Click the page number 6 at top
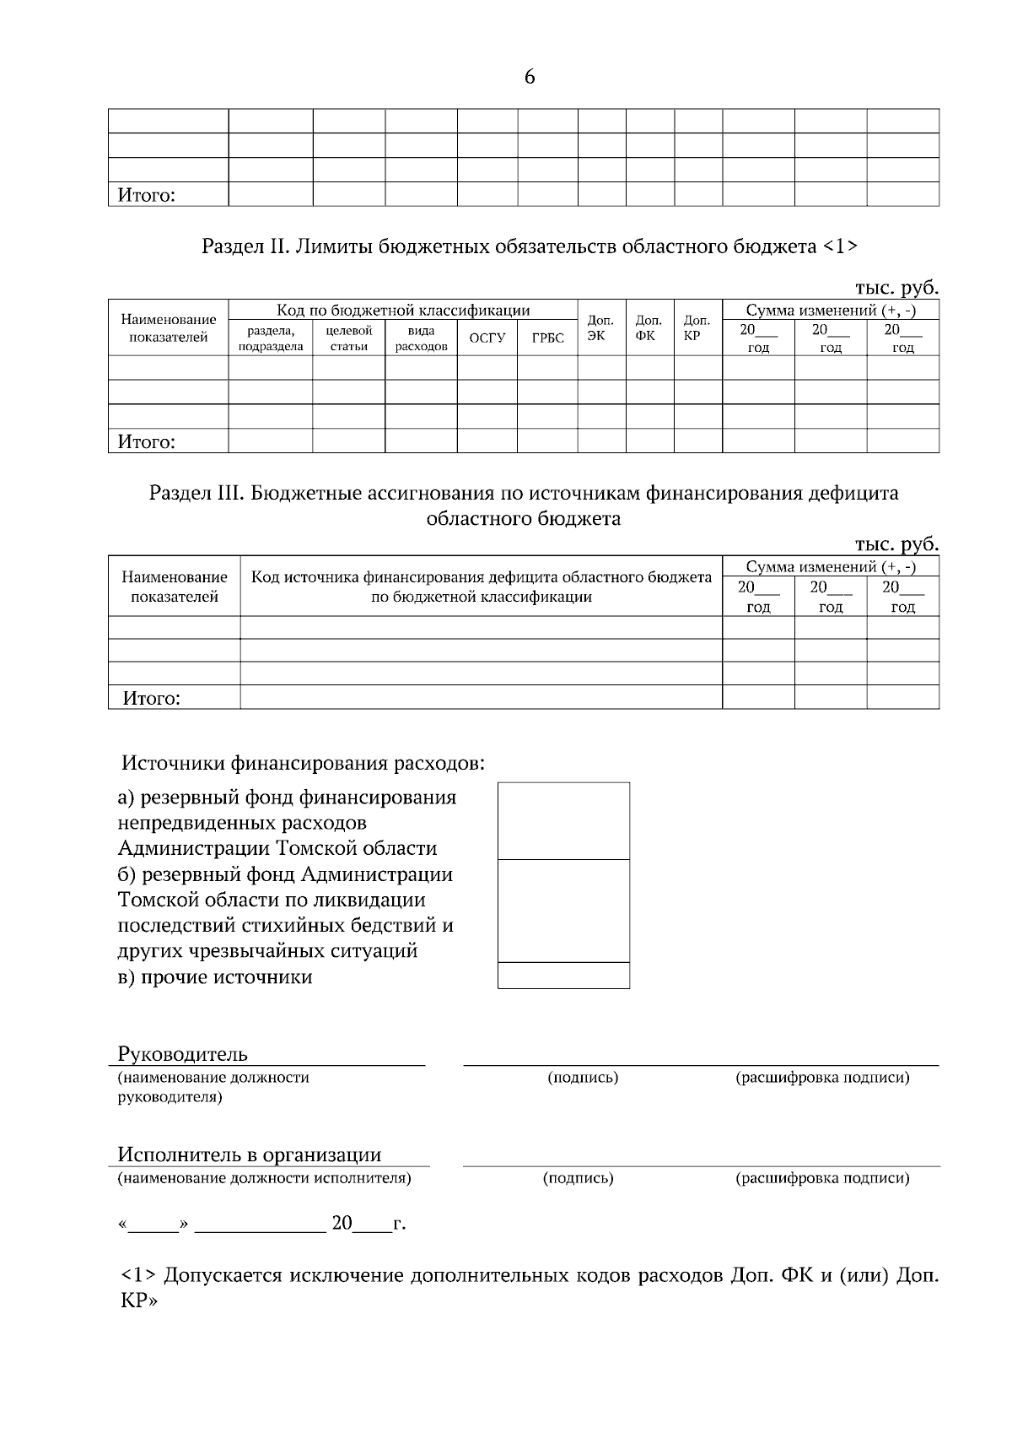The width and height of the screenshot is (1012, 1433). coord(529,78)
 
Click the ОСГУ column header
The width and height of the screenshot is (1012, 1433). coord(487,338)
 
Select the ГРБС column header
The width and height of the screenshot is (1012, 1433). coord(547,338)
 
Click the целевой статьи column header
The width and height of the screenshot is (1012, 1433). coord(348,338)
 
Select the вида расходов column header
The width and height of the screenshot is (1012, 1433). coord(421,338)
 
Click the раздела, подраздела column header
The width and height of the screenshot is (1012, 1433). coord(270,338)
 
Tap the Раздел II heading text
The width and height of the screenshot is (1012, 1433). coord(530,246)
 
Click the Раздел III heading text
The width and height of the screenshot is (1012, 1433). coord(523,505)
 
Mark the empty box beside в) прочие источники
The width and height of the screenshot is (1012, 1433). coord(563,976)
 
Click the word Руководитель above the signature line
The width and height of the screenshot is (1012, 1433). coord(182,1053)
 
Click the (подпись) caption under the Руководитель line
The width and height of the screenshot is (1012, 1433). coord(583,1078)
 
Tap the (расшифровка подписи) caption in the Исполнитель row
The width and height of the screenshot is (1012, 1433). coord(822,1178)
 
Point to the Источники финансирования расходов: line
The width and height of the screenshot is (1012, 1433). coord(304,764)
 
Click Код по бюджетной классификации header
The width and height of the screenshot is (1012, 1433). coord(403,310)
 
